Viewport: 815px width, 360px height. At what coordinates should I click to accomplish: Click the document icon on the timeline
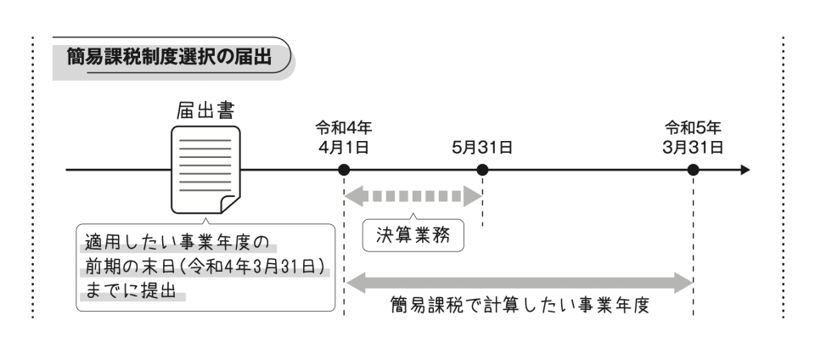205,169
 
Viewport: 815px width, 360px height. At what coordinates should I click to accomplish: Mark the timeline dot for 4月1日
344,170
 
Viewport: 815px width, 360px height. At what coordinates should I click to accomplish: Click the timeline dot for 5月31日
482,170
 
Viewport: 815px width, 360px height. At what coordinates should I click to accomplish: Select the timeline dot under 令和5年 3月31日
693,170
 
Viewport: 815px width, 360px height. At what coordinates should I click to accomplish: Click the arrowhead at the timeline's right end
745,170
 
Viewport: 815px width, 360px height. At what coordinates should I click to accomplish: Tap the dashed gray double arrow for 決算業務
413,196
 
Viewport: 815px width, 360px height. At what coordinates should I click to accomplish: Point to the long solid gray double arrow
519,281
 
